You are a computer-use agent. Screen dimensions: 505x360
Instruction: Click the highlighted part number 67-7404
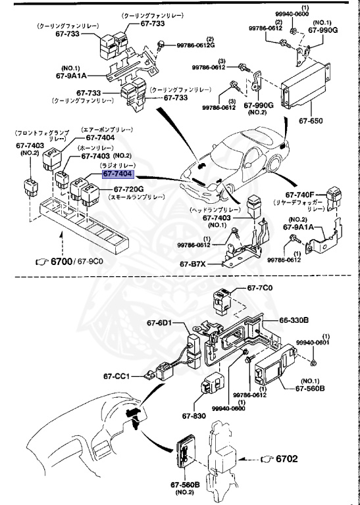117,174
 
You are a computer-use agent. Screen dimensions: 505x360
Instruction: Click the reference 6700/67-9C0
64,262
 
